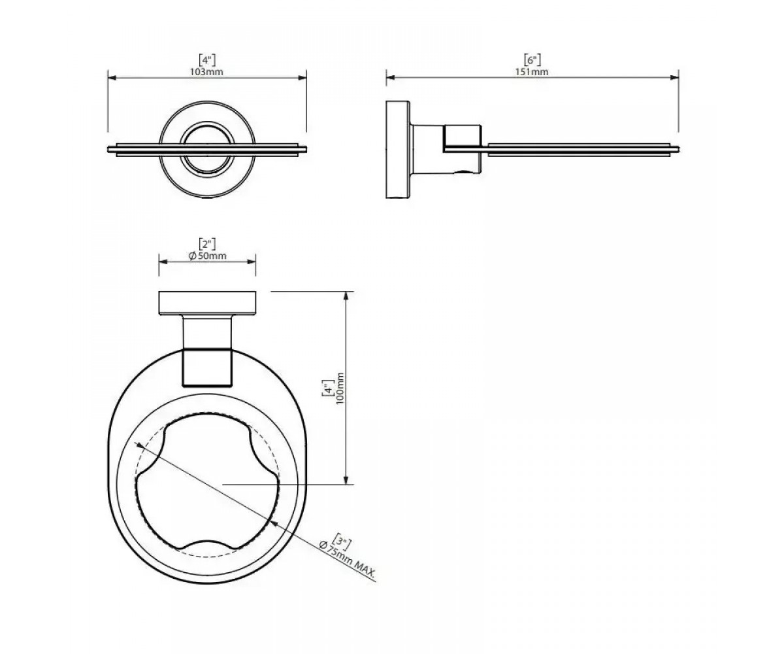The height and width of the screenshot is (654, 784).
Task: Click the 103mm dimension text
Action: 207,72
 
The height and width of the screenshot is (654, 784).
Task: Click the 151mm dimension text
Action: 532,72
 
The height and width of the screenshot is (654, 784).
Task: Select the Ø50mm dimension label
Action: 207,256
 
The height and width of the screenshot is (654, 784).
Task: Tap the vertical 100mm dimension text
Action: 340,388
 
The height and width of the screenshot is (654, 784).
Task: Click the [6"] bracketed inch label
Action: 532,60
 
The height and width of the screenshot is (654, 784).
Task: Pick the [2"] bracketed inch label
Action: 207,245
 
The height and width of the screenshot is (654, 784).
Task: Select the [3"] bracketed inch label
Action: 342,539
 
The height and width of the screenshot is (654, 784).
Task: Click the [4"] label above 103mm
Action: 207,60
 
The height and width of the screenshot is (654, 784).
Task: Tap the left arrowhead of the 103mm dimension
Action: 112,78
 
